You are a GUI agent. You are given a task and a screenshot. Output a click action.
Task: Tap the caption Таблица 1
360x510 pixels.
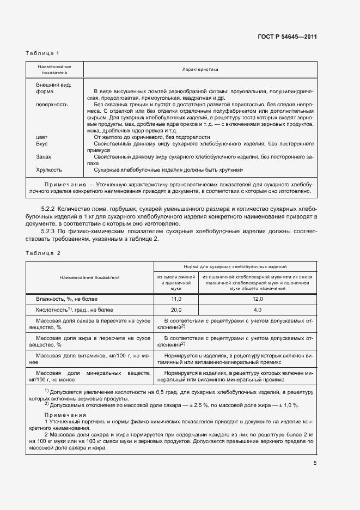[x=42, y=53]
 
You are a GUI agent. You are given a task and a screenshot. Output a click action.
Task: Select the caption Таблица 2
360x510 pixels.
[x=42, y=253]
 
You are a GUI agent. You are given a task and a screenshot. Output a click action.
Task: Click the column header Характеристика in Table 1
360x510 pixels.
[x=199, y=70]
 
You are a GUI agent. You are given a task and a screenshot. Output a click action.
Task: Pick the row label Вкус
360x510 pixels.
[x=43, y=143]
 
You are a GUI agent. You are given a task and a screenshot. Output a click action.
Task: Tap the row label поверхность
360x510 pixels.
[x=52, y=104]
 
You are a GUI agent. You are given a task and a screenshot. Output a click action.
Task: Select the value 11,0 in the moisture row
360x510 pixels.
[x=176, y=299]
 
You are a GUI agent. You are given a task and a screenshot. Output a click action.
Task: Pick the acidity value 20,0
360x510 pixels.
[x=176, y=309]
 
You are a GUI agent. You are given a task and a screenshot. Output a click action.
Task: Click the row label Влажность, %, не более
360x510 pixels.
[x=66, y=299]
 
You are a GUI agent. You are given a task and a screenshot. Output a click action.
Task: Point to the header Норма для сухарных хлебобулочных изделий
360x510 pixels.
[x=235, y=267]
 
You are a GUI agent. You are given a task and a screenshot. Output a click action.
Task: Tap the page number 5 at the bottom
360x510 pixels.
[x=315, y=464]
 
